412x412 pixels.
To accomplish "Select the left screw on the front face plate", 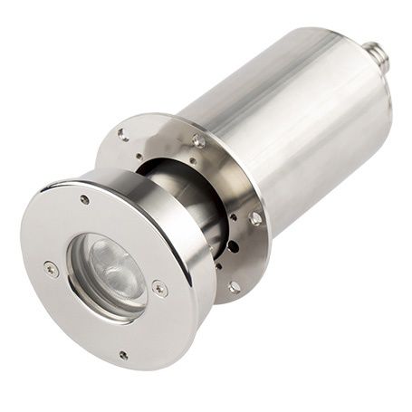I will coord(52,268).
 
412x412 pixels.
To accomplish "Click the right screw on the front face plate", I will coord(159,289).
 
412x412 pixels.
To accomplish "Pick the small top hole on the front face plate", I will coord(84,199).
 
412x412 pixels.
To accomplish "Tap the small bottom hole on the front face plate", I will coord(123,356).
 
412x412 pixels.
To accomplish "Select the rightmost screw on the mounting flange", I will coord(256,218).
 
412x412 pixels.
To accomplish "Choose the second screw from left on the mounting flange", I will coord(198,140).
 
